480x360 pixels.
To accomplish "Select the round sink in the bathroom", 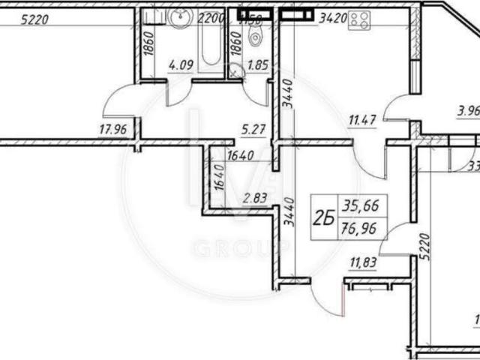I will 181,21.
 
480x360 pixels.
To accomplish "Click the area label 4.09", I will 181,64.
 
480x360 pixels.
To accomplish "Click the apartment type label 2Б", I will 323,219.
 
